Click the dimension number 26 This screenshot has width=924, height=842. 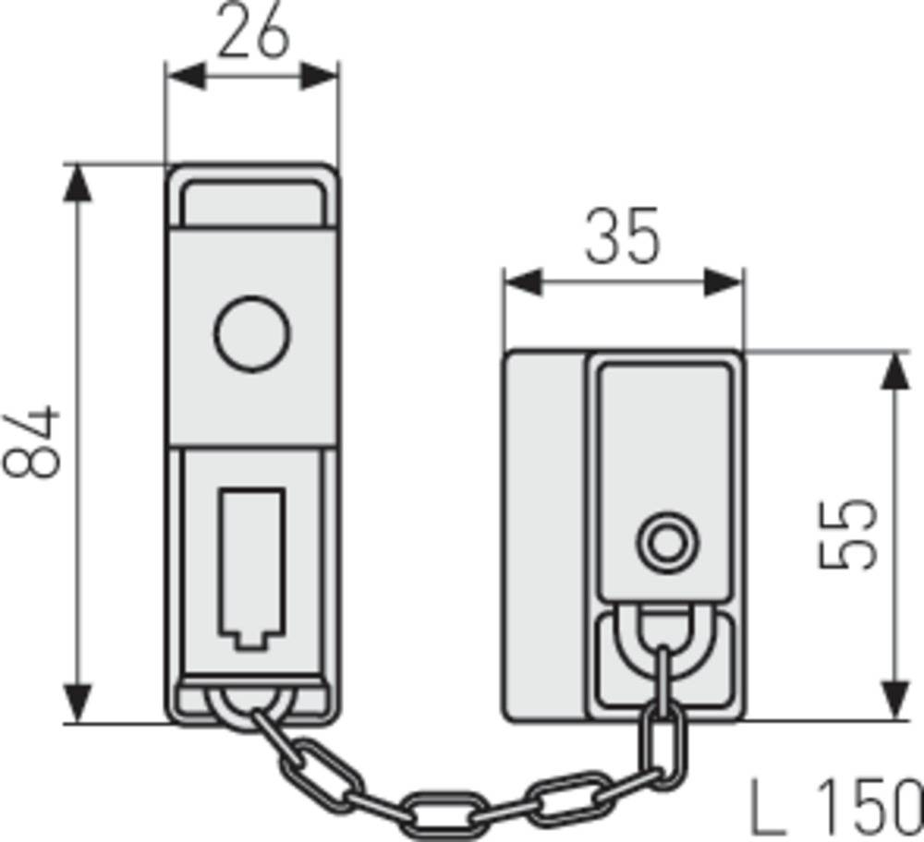point(251,35)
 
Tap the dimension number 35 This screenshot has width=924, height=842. point(623,238)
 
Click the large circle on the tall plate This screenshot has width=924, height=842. point(251,332)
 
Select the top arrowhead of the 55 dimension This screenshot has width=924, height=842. point(894,369)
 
